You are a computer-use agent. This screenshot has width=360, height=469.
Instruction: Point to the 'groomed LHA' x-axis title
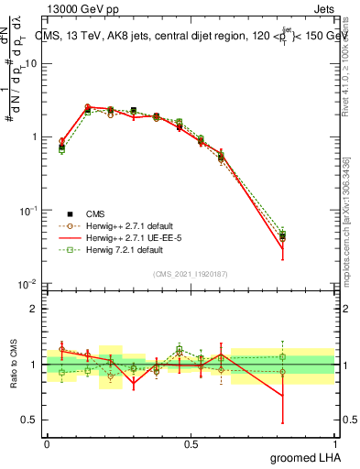point(308,457)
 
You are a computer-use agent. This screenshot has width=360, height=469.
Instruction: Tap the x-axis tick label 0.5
point(191,442)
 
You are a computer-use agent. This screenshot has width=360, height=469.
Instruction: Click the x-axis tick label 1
point(335,442)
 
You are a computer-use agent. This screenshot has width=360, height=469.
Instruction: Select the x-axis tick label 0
point(47,442)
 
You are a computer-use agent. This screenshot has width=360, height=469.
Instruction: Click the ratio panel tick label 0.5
point(30,420)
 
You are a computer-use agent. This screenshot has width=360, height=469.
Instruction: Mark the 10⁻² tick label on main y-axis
point(28,284)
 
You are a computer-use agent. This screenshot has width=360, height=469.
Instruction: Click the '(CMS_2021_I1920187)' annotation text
point(191,273)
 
